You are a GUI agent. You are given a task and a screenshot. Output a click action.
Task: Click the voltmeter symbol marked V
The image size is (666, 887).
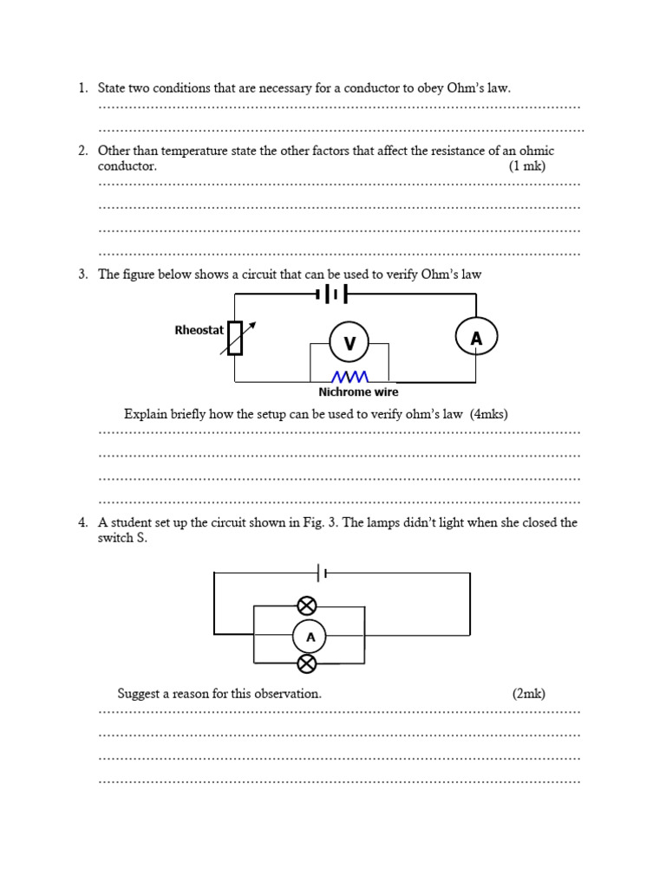click(x=349, y=343)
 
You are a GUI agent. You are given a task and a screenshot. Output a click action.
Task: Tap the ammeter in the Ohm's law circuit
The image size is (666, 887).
click(x=476, y=338)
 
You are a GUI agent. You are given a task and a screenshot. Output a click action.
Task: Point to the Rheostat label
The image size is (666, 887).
click(x=199, y=330)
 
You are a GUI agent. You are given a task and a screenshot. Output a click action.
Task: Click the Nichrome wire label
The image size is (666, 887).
click(x=358, y=392)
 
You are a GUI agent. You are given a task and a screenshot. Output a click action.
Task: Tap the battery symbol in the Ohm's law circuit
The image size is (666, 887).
click(x=332, y=295)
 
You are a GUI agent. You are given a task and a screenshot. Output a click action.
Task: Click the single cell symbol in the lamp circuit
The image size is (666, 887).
click(x=323, y=573)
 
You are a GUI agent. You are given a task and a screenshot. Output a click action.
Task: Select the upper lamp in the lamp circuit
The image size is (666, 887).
click(x=307, y=605)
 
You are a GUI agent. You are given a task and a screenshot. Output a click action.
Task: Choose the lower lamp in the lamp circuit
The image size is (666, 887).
click(x=307, y=664)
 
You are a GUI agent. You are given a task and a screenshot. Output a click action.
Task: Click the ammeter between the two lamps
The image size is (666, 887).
click(x=310, y=638)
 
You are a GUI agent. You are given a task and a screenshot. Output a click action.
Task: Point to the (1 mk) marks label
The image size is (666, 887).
click(x=527, y=166)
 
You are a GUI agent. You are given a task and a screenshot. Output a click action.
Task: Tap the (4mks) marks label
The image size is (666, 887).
click(x=489, y=414)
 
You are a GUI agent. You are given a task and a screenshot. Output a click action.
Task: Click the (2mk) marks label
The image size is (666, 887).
click(x=528, y=694)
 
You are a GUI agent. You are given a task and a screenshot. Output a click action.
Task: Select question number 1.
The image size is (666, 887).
click(x=82, y=88)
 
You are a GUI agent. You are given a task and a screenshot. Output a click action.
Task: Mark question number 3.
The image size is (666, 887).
click(x=82, y=275)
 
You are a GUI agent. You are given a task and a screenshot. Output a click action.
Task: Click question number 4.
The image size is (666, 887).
click(x=82, y=523)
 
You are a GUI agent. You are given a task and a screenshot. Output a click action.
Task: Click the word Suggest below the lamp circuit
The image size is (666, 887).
click(x=140, y=694)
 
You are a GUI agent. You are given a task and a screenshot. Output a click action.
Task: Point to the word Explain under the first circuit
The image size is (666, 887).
click(x=146, y=414)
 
